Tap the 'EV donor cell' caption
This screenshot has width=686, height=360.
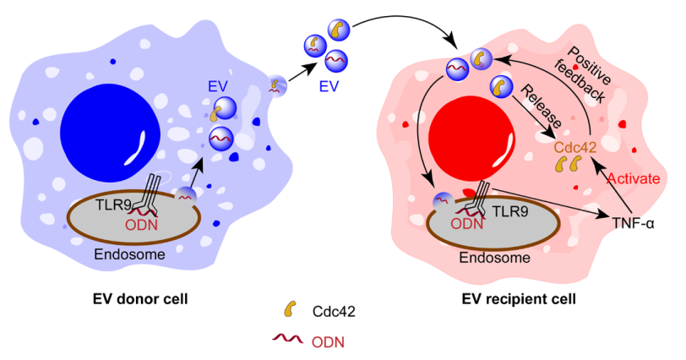[x=140, y=299]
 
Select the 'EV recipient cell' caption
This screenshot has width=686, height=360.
[x=519, y=299]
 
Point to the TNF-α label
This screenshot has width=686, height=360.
[x=633, y=223]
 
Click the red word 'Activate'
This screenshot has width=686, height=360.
[x=634, y=178]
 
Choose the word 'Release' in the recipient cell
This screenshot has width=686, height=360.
[x=541, y=106]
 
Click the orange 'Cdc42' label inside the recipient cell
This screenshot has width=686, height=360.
[x=574, y=147]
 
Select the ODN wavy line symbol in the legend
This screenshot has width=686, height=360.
[x=287, y=338]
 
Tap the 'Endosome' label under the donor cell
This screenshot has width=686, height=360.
[x=129, y=254]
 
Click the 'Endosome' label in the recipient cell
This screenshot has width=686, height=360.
[x=494, y=257]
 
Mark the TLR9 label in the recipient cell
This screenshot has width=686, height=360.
[x=510, y=212]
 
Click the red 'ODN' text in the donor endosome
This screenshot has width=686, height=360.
[x=141, y=225]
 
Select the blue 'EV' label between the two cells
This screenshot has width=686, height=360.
[x=329, y=86]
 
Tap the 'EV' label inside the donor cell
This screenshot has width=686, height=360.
[x=218, y=86]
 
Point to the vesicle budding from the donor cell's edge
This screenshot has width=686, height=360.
[x=277, y=85]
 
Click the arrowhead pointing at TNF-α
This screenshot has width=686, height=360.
[x=604, y=214]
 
